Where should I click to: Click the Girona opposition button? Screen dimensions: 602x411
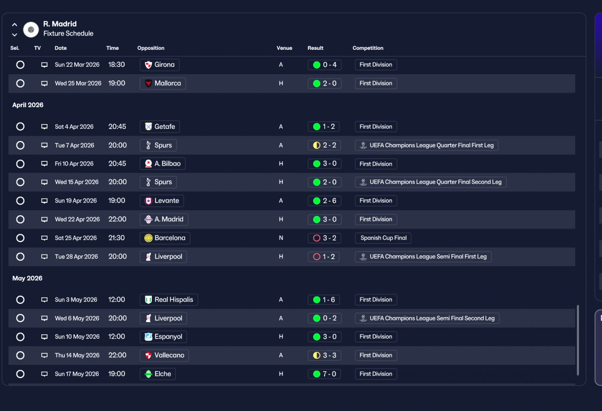click(x=159, y=65)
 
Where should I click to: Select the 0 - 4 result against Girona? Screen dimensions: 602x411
click(x=325, y=65)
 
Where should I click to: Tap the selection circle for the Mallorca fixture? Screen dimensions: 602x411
click(x=20, y=84)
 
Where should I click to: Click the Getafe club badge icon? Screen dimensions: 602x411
click(x=148, y=126)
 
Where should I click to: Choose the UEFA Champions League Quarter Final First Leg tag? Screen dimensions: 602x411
click(x=427, y=145)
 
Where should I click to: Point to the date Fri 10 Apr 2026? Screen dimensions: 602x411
click(x=74, y=164)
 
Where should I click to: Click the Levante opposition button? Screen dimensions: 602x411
click(x=162, y=201)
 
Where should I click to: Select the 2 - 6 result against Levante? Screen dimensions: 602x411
click(x=325, y=201)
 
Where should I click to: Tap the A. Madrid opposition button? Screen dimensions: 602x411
click(x=164, y=219)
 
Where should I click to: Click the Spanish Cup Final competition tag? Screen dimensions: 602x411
click(x=383, y=238)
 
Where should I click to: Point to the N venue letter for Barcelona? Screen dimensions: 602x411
click(x=281, y=238)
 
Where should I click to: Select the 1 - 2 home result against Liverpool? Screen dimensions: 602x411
click(x=324, y=257)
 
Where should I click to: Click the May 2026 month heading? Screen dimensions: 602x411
click(x=27, y=278)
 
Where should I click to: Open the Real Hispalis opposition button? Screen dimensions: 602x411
click(x=169, y=300)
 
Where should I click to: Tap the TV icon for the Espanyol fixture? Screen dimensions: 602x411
click(x=44, y=337)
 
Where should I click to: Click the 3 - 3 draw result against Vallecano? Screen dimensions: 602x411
click(x=325, y=356)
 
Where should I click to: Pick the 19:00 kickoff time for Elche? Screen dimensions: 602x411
click(x=117, y=374)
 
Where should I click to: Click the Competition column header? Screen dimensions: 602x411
click(x=368, y=48)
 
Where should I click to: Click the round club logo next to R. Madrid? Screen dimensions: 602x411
click(x=31, y=30)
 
